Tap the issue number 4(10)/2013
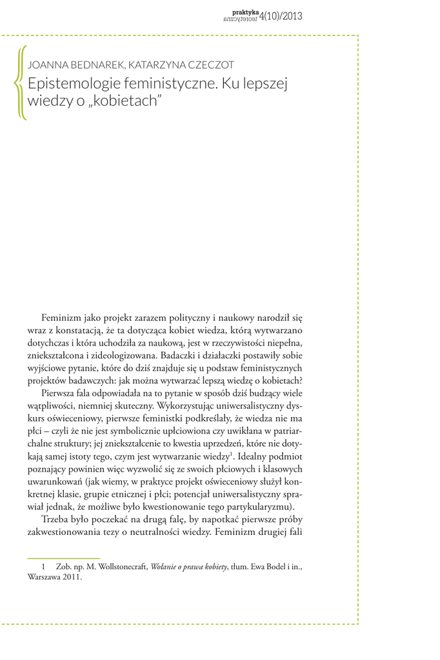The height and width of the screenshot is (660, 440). (x=280, y=17)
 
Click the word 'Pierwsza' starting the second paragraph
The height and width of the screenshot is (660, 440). (x=59, y=393)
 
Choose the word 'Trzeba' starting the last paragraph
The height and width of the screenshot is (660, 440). (x=55, y=519)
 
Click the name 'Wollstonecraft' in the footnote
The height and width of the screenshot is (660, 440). (x=121, y=567)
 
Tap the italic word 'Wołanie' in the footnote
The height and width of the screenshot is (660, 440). (x=165, y=567)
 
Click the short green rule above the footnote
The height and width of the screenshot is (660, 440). (x=63, y=558)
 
